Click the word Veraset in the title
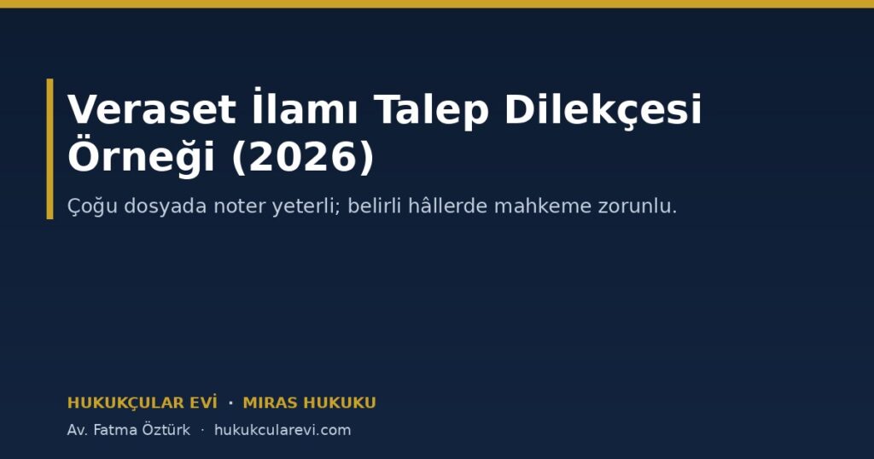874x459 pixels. pos(152,109)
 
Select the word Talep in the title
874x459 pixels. pos(431,111)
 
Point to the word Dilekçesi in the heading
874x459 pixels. pos(603,109)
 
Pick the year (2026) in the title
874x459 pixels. pos(303,157)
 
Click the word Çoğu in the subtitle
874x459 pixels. pos(92,206)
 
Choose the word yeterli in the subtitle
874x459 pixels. pos(306,206)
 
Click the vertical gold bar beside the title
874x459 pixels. pos(50,148)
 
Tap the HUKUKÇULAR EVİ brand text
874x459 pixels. pos(143,403)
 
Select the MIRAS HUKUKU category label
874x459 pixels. pos(309,403)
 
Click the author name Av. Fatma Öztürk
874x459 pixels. pos(128,430)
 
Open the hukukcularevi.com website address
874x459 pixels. pos(283,430)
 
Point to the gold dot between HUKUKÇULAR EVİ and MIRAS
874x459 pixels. pos(230,403)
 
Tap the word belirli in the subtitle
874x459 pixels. pos(375,206)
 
